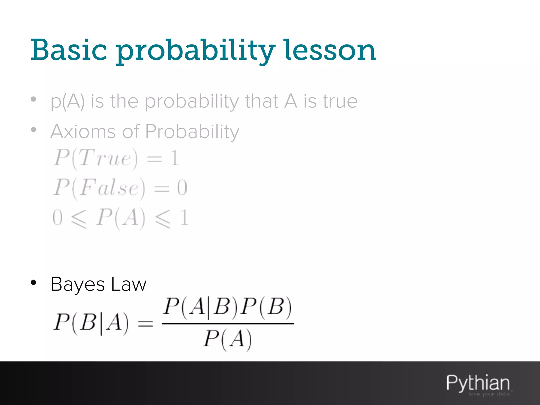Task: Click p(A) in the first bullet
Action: click(67, 102)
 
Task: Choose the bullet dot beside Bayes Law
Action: click(33, 282)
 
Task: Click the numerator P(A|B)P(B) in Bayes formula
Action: click(227, 307)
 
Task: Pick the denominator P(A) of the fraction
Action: click(227, 339)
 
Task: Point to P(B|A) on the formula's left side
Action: click(91, 323)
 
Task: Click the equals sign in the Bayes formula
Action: click(145, 323)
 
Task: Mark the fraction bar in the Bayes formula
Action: click(228, 324)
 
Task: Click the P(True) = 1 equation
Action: click(116, 158)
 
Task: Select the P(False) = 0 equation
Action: click(120, 188)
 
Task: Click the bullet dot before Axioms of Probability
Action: click(33, 130)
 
